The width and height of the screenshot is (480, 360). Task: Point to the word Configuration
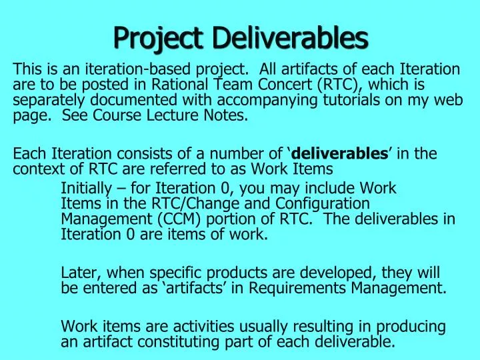329,203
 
